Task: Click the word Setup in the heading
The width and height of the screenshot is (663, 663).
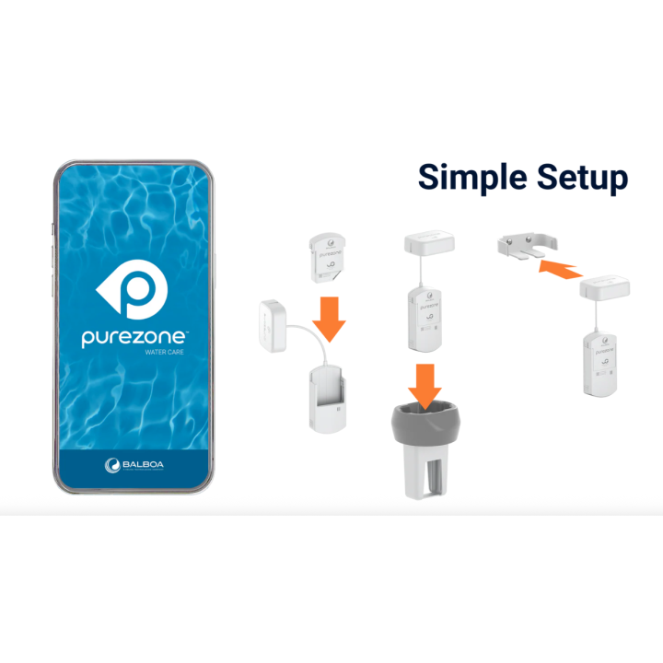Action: [578, 176]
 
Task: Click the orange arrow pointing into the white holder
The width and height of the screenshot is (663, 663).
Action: [329, 317]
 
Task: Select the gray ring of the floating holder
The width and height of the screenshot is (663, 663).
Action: [427, 425]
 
